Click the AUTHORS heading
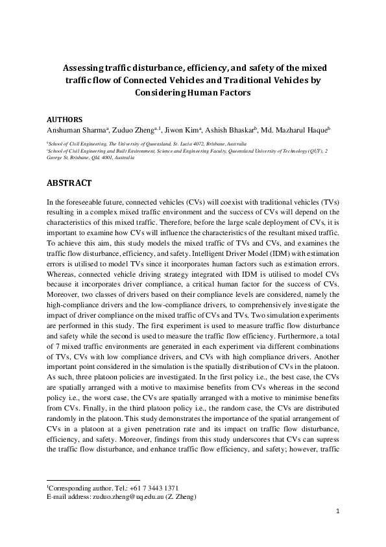65,120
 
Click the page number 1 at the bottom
338,512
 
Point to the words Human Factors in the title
220,92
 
